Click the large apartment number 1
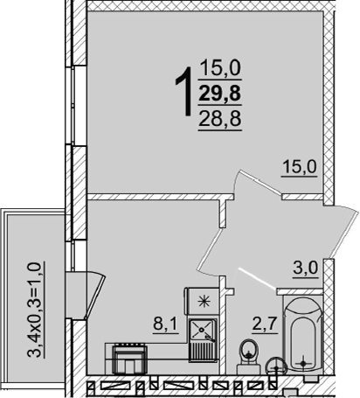[184, 91]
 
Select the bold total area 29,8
[220, 94]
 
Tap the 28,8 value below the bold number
[220, 119]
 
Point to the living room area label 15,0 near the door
[300, 167]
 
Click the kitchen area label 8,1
[165, 324]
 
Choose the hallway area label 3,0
[306, 269]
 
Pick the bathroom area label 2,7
[265, 324]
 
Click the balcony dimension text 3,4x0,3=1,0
[34, 310]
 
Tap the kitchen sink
[203, 340]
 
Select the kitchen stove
[130, 359]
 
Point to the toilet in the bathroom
[248, 356]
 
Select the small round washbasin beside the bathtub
[276, 366]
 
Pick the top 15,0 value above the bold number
[220, 67]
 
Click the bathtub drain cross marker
[303, 363]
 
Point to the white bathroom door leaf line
[257, 278]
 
